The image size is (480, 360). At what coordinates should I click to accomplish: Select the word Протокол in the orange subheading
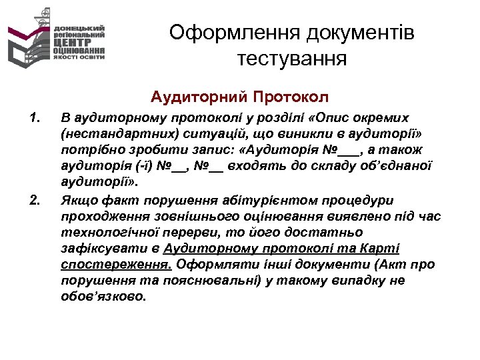pyautogui.click(x=291, y=97)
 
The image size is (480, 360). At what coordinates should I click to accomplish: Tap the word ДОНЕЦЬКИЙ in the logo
pyautogui.click(x=79, y=28)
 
